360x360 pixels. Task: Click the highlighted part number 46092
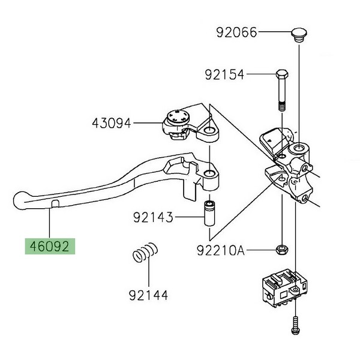pyautogui.click(x=50, y=247)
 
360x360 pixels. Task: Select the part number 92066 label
pyautogui.click(x=236, y=32)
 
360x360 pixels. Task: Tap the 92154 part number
pyautogui.click(x=224, y=74)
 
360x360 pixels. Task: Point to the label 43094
pyautogui.click(x=112, y=123)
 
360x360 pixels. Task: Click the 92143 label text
pyautogui.click(x=153, y=217)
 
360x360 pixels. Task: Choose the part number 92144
pyautogui.click(x=148, y=295)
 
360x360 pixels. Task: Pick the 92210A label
pyautogui.click(x=221, y=250)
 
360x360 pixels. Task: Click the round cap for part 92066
pyautogui.click(x=299, y=35)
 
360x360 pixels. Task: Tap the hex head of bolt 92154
pyautogui.click(x=282, y=74)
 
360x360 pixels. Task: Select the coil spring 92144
pyautogui.click(x=145, y=252)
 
